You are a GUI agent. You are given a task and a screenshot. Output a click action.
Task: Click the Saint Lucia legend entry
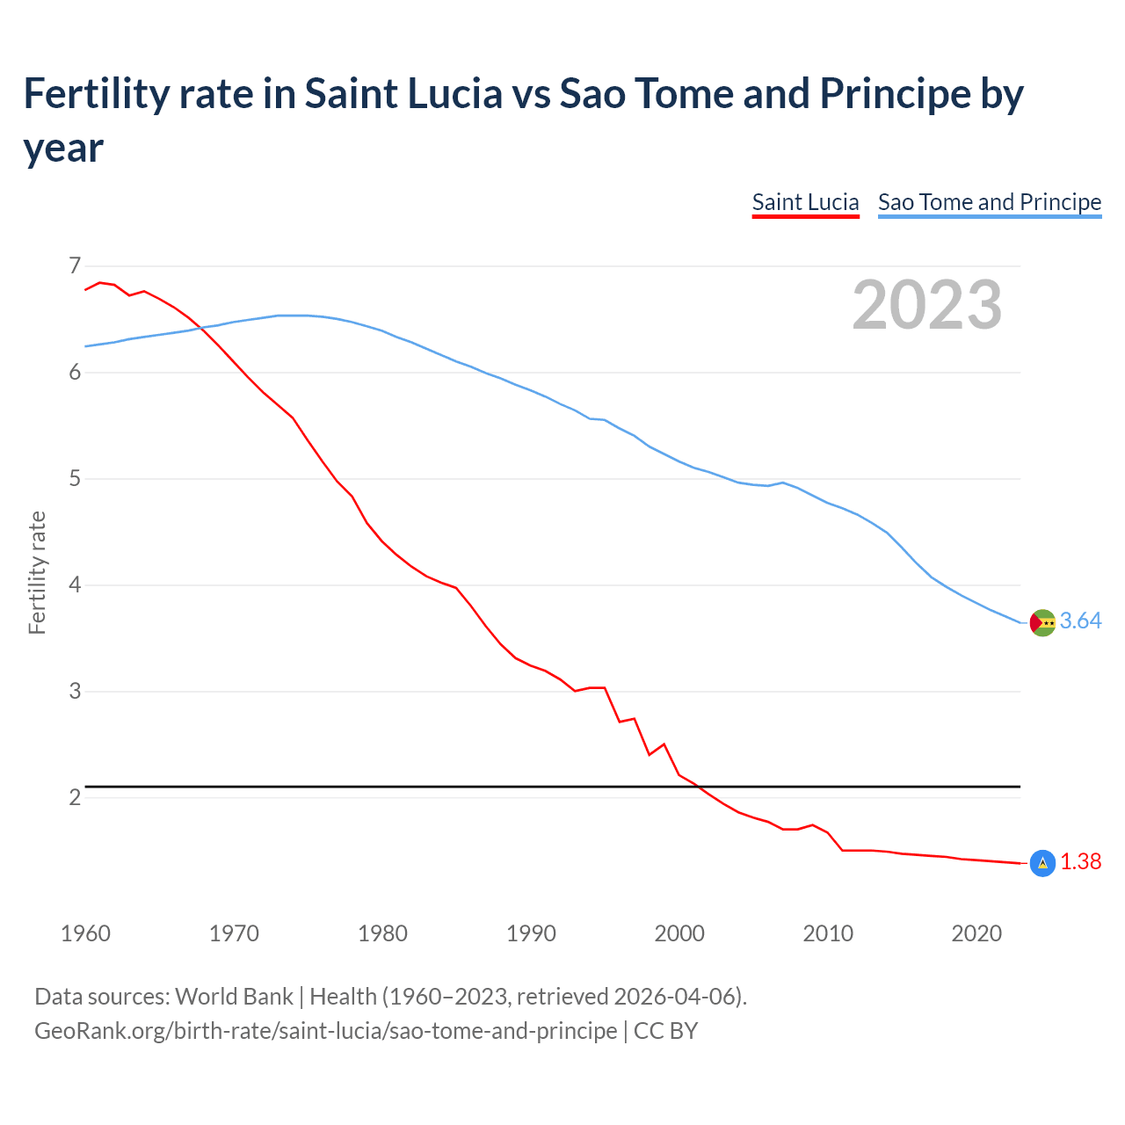[x=805, y=202]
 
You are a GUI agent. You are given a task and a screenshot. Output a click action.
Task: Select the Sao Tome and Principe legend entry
[x=989, y=202]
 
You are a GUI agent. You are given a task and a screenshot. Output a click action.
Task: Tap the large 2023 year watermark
[x=926, y=305]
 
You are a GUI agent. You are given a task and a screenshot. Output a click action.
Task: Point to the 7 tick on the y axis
[x=75, y=265]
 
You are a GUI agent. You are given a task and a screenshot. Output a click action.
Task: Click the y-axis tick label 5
[x=75, y=479]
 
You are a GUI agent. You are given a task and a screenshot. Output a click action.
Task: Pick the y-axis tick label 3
[x=75, y=692]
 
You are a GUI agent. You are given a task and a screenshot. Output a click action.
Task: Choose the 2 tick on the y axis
[x=75, y=798]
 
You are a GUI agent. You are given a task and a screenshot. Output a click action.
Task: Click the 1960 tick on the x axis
[x=85, y=933]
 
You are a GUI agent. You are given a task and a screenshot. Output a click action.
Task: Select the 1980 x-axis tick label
[x=382, y=933]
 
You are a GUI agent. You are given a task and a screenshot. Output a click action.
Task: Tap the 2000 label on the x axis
[x=679, y=933]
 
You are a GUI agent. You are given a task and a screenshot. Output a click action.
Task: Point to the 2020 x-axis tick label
[x=976, y=933]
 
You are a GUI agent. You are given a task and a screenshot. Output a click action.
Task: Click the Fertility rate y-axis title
[x=37, y=572]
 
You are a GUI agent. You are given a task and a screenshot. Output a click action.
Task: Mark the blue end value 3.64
[x=1080, y=621]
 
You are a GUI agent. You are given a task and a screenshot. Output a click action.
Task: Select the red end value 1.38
[x=1080, y=862]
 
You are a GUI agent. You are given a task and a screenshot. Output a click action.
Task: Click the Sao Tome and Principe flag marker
[x=1042, y=622]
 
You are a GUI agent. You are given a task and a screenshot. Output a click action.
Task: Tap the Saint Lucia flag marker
[x=1042, y=864]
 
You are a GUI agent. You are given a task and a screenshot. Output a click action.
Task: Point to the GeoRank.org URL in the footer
[x=325, y=1030]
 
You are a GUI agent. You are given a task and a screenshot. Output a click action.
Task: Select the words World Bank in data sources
[x=234, y=997]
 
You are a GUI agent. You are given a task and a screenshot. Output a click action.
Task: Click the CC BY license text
[x=665, y=1030]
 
